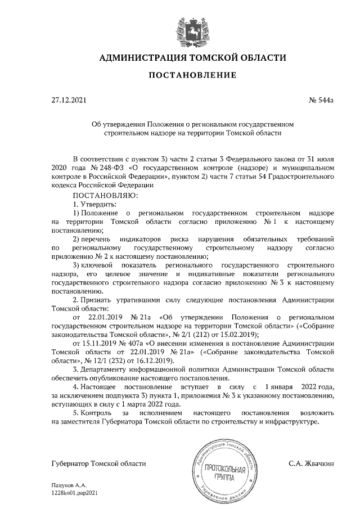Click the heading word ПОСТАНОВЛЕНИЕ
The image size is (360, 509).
tap(192, 75)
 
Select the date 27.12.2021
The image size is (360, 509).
tap(69, 101)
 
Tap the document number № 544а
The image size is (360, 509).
tap(322, 101)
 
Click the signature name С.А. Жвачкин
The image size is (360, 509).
tap(312, 464)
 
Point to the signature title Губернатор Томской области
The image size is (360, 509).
tap(98, 464)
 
